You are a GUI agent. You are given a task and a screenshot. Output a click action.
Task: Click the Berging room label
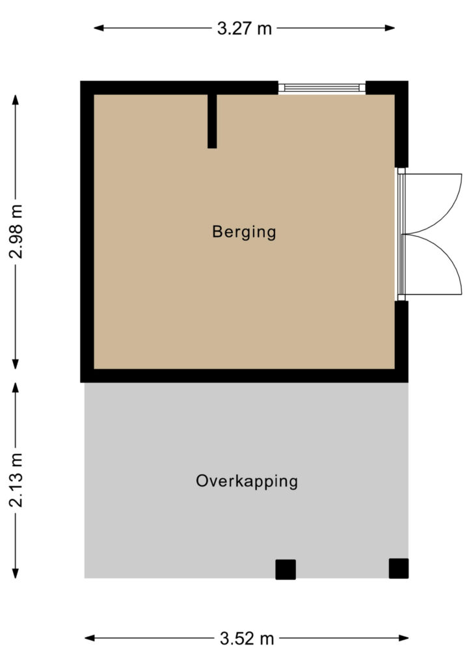(244, 232)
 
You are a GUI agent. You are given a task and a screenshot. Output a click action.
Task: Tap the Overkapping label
(247, 481)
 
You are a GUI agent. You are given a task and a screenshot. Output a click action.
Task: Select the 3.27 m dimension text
(244, 29)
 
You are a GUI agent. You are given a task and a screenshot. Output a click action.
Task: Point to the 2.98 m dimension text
(16, 232)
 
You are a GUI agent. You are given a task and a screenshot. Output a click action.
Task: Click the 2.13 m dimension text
(16, 481)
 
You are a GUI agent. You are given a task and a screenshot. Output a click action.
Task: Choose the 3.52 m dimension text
(247, 639)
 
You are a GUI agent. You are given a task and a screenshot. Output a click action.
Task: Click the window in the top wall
(321, 88)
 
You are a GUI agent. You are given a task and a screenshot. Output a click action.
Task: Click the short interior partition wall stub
(212, 121)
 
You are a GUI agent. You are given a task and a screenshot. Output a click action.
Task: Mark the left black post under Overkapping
(286, 570)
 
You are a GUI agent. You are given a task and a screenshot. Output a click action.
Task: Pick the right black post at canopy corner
(398, 568)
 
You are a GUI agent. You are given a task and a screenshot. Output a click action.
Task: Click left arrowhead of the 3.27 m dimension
(98, 28)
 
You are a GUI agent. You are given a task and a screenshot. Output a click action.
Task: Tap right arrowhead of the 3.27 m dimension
(390, 28)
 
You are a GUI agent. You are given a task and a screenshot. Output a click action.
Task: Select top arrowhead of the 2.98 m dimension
(16, 100)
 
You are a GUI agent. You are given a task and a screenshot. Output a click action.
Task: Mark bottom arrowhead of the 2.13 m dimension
(16, 574)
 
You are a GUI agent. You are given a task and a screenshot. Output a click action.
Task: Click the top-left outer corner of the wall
(81, 81)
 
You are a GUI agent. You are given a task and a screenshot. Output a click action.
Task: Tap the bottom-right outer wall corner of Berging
(408, 382)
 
